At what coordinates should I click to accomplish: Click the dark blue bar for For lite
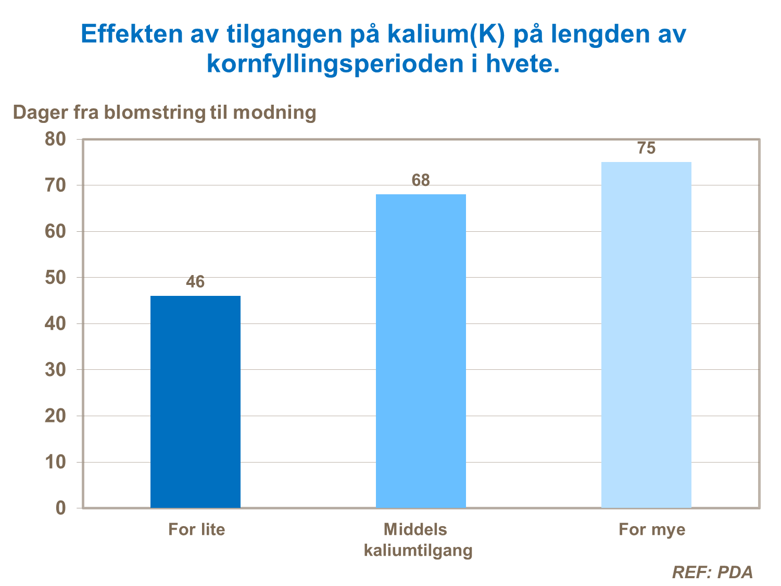tap(195, 402)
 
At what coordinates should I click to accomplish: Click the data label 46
tap(195, 282)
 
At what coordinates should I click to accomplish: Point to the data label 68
tap(421, 181)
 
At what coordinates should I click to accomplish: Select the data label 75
tap(646, 148)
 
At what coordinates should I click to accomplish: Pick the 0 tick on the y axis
tap(61, 508)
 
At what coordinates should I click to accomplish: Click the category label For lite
tap(197, 530)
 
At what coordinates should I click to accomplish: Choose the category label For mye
tap(652, 530)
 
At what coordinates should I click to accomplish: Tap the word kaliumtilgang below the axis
tap(418, 550)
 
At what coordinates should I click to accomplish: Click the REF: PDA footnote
tap(712, 572)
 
